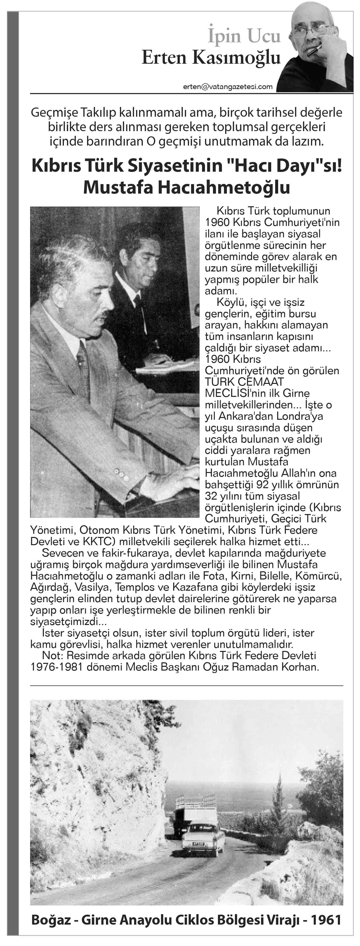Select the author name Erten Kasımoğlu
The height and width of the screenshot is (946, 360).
pos(211,58)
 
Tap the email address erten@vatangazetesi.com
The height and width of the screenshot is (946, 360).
pos(228,87)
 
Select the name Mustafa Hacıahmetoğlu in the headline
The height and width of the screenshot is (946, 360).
pos(187,187)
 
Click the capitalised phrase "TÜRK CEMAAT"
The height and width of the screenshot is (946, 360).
pos(244,382)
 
